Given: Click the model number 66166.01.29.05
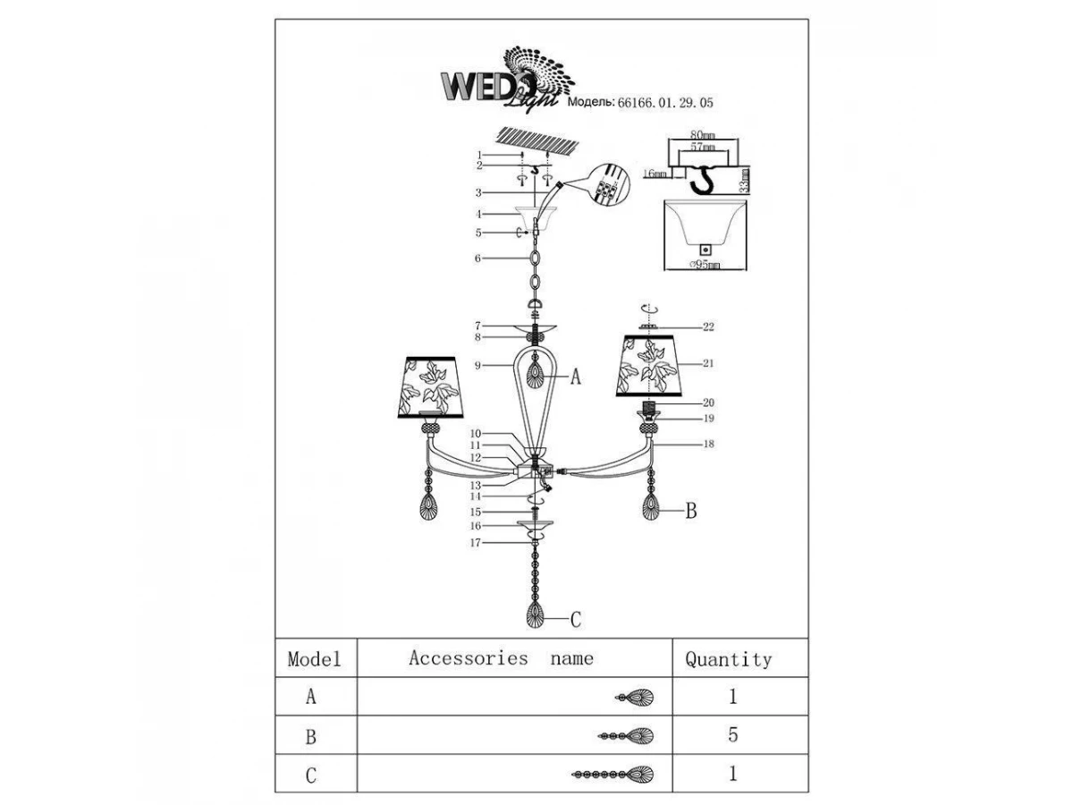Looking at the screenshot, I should (x=666, y=103).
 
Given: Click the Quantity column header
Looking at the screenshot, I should (x=728, y=660).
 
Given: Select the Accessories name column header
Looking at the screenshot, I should (x=501, y=659).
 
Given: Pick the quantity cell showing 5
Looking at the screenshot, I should (x=732, y=735).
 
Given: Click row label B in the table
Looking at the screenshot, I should (x=311, y=736).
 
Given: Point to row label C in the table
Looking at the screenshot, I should (x=311, y=775).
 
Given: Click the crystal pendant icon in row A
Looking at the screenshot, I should (x=637, y=697).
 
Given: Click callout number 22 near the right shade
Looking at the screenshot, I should (x=708, y=327).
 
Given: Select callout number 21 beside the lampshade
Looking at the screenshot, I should (x=708, y=364).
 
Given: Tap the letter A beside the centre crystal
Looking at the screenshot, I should (x=576, y=378).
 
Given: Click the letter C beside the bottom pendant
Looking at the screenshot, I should (x=576, y=618).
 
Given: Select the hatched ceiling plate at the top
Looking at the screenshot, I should (x=536, y=141).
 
